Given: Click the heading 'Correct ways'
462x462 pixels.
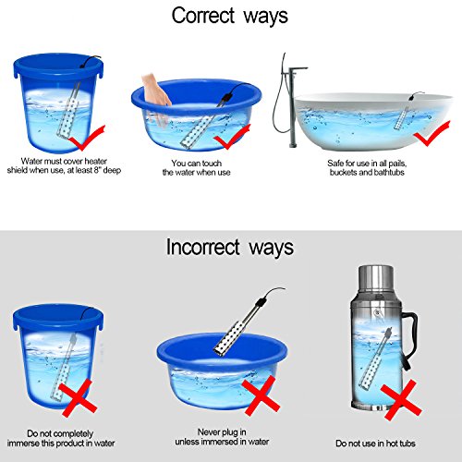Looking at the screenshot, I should pyautogui.click(x=229, y=17).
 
